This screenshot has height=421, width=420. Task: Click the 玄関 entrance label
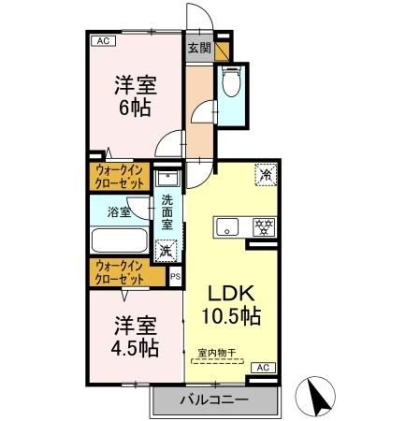(198, 48)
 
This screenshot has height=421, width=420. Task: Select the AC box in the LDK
(263, 368)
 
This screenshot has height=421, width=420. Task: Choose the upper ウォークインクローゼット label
(120, 177)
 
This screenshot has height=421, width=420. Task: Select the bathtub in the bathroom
(119, 240)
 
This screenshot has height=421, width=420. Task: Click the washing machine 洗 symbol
(166, 250)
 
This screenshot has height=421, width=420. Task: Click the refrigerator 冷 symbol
(265, 174)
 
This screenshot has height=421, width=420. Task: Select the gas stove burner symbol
(265, 225)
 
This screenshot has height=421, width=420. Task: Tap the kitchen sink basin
(228, 226)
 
